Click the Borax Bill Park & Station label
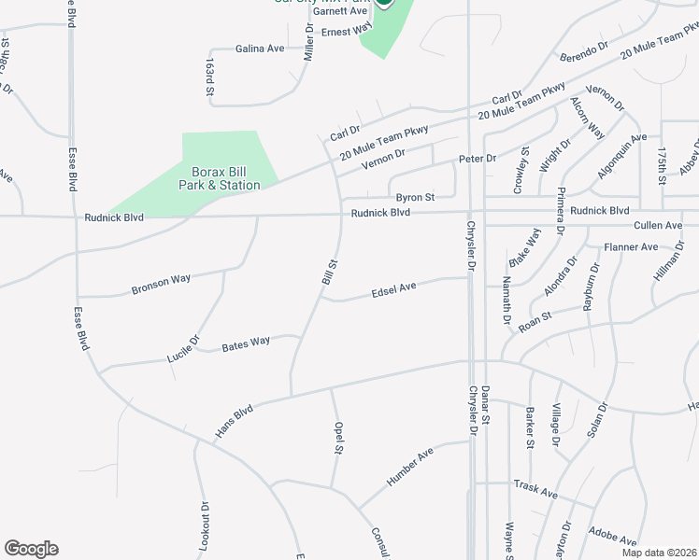[220, 178]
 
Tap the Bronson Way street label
[161, 282]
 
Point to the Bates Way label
[246, 343]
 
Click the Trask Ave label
[535, 488]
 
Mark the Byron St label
[415, 198]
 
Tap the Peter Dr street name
[477, 160]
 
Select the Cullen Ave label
[658, 226]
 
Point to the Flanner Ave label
[631, 247]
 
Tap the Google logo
[31, 549]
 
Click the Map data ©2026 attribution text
[659, 553]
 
